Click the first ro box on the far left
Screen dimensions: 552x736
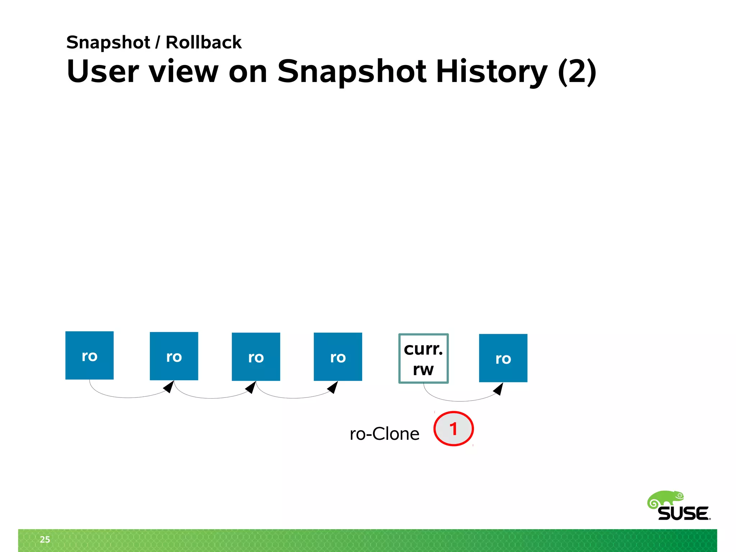(x=89, y=355)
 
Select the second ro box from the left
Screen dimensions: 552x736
(x=174, y=356)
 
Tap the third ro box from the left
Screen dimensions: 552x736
(x=256, y=356)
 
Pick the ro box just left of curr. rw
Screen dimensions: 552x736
(x=338, y=356)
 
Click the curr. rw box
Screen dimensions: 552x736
(x=423, y=359)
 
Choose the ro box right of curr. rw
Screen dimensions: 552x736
(x=503, y=358)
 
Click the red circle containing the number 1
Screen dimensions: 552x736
(x=454, y=429)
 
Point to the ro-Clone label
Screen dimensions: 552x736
(x=385, y=434)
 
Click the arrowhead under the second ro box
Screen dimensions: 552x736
(x=169, y=387)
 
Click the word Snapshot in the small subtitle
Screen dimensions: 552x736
(x=108, y=42)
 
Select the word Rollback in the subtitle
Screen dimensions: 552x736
(x=203, y=42)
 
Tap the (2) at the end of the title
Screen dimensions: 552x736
(x=577, y=72)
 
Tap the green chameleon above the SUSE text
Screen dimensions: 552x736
(x=665, y=499)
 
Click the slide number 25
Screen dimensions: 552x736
(x=45, y=539)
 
